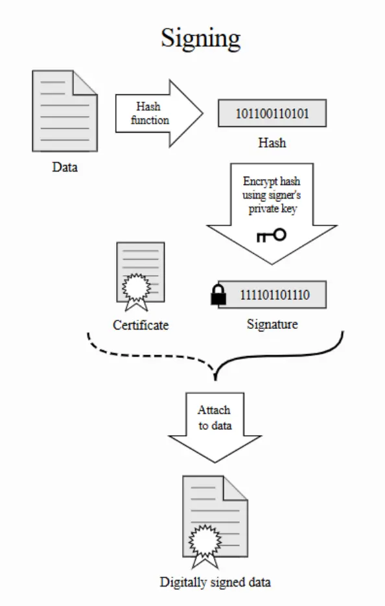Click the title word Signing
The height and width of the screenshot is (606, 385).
point(200,39)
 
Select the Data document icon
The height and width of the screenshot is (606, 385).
point(65,111)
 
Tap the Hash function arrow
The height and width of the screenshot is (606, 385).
point(159,113)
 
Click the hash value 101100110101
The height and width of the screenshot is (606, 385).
point(272,114)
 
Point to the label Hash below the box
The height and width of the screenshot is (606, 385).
point(272,142)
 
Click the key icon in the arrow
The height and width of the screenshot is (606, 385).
point(271,235)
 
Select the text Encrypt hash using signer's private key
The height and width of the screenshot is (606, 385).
point(272,195)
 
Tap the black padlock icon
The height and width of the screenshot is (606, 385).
point(218,295)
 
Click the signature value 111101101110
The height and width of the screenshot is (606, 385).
point(275,295)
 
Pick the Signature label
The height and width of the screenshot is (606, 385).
point(272,324)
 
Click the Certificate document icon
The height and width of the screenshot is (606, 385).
point(141,276)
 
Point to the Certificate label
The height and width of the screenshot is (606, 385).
point(141,325)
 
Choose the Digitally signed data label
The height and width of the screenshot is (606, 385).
point(215,582)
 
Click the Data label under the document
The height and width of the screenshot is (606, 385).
point(65,167)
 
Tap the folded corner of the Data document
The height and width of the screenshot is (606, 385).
point(85,82)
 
